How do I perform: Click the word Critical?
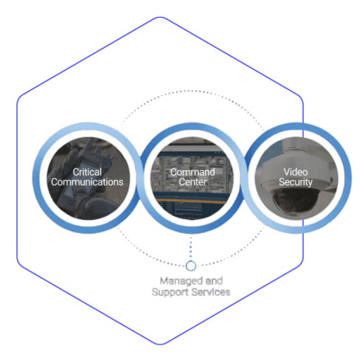point(87,172)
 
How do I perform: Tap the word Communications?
point(87,182)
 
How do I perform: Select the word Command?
point(193,172)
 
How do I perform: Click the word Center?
point(193,182)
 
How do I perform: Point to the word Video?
point(296,172)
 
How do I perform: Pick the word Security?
point(296,182)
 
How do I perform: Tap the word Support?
point(170,292)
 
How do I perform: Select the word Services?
point(211,292)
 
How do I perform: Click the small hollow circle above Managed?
point(191,266)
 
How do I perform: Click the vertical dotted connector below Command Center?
point(191,247)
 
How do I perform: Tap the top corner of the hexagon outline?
point(160,17)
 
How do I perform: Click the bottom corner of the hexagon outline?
point(160,345)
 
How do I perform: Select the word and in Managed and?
point(214,280)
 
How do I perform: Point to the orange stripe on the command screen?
point(192,201)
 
